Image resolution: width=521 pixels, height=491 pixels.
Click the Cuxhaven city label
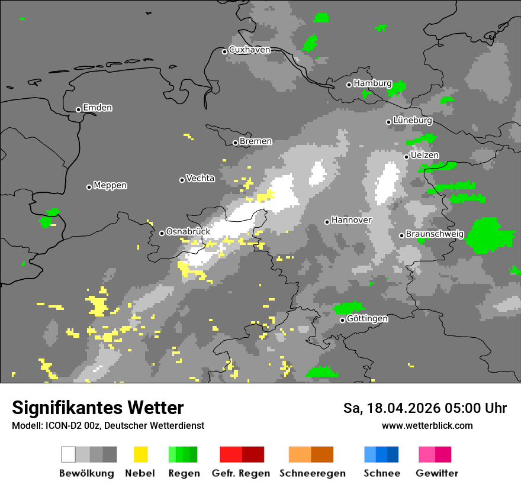(249, 50)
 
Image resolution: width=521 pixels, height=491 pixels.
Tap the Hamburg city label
(372, 83)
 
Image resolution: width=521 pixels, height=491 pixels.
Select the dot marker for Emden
(78, 109)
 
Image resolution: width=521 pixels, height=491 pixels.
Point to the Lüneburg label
(413, 121)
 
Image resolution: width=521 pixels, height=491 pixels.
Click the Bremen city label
(256, 141)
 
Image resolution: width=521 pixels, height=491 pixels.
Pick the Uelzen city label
(424, 156)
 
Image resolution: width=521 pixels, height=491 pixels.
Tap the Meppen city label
(110, 186)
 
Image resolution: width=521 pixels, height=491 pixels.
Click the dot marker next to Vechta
(182, 180)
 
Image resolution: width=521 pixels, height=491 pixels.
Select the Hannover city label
(351, 220)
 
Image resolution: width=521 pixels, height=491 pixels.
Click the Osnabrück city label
(188, 232)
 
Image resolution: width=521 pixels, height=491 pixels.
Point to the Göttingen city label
(367, 319)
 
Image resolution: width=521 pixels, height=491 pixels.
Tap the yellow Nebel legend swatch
(140, 454)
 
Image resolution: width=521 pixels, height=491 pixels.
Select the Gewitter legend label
(436, 473)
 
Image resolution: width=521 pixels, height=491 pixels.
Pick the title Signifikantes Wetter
(98, 408)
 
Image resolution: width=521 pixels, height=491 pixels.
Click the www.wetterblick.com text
(427, 425)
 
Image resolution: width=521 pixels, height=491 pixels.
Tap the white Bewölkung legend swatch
(68, 454)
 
